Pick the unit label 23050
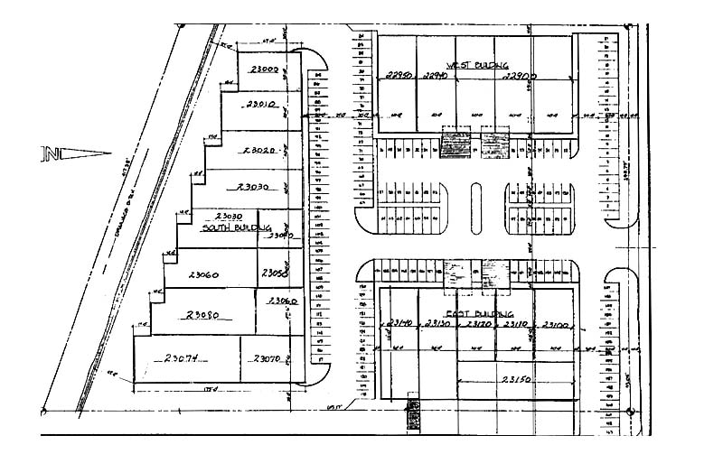coord(273,273)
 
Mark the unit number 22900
coord(519,77)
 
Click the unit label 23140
coord(399,324)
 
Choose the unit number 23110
coord(515,324)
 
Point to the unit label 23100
coord(553,324)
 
